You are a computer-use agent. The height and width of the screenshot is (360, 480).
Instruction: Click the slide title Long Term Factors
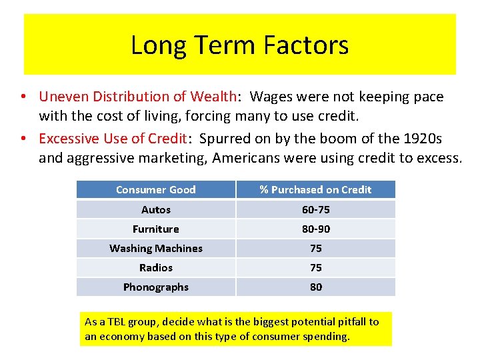click(239, 45)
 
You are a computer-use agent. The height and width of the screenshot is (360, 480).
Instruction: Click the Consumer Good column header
click(155, 189)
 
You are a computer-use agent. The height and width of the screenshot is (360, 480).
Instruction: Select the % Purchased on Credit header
click(315, 189)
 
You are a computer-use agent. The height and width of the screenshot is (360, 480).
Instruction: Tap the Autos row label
click(155, 209)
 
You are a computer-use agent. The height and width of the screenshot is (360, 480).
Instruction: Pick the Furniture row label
click(155, 229)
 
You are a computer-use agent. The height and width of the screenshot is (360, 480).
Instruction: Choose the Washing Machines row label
click(155, 248)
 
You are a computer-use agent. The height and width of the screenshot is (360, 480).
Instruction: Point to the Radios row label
click(155, 267)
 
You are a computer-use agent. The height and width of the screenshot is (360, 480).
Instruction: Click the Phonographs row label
click(155, 287)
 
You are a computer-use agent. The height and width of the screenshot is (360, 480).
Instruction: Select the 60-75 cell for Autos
click(315, 209)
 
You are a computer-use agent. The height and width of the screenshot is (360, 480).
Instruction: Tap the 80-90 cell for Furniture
click(315, 229)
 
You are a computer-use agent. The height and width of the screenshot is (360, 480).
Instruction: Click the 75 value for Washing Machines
click(315, 248)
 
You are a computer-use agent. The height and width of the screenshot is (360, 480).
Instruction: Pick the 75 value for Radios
click(315, 267)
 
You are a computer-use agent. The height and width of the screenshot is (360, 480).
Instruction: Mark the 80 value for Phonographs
click(315, 287)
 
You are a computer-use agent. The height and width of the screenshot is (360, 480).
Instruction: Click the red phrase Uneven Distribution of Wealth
click(137, 97)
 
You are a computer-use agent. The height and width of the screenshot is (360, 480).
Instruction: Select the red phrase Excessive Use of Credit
click(112, 139)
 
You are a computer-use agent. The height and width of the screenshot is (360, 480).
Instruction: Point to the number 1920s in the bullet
click(420, 139)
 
